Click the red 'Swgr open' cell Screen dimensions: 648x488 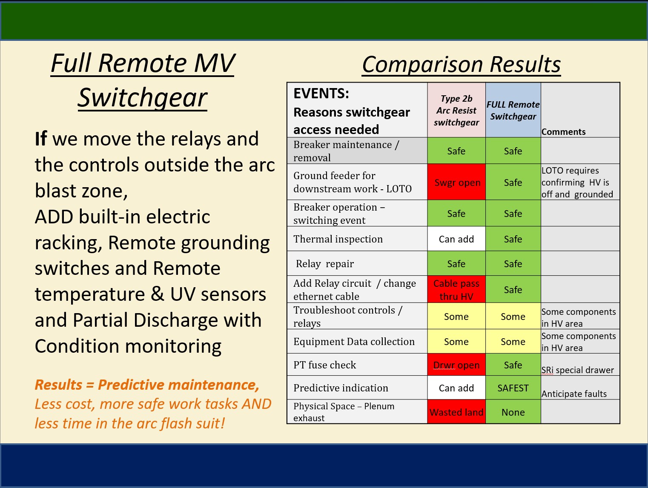point(456,182)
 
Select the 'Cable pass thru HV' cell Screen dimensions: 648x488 point(456,289)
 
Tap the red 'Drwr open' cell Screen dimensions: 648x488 point(456,365)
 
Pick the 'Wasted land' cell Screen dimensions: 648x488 point(456,412)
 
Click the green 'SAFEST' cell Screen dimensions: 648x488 point(513,388)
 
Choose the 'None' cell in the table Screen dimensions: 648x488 point(513,412)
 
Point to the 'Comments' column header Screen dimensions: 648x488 point(563,131)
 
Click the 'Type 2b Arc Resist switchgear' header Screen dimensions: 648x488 point(456,110)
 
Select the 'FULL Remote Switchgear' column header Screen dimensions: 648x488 point(513,110)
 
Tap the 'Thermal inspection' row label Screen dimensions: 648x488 point(338,239)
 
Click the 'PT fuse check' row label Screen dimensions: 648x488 point(325,365)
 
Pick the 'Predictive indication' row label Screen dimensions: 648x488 point(341,388)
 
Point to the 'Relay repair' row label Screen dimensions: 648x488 point(325,264)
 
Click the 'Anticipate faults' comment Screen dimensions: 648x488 point(574,394)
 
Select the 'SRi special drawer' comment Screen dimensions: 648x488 point(577,370)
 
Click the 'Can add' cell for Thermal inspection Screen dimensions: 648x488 point(456,239)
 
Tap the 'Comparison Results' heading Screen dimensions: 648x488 point(461,64)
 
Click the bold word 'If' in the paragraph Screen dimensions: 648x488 point(41,138)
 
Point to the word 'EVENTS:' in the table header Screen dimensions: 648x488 point(321,94)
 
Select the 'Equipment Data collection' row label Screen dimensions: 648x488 point(354,342)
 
